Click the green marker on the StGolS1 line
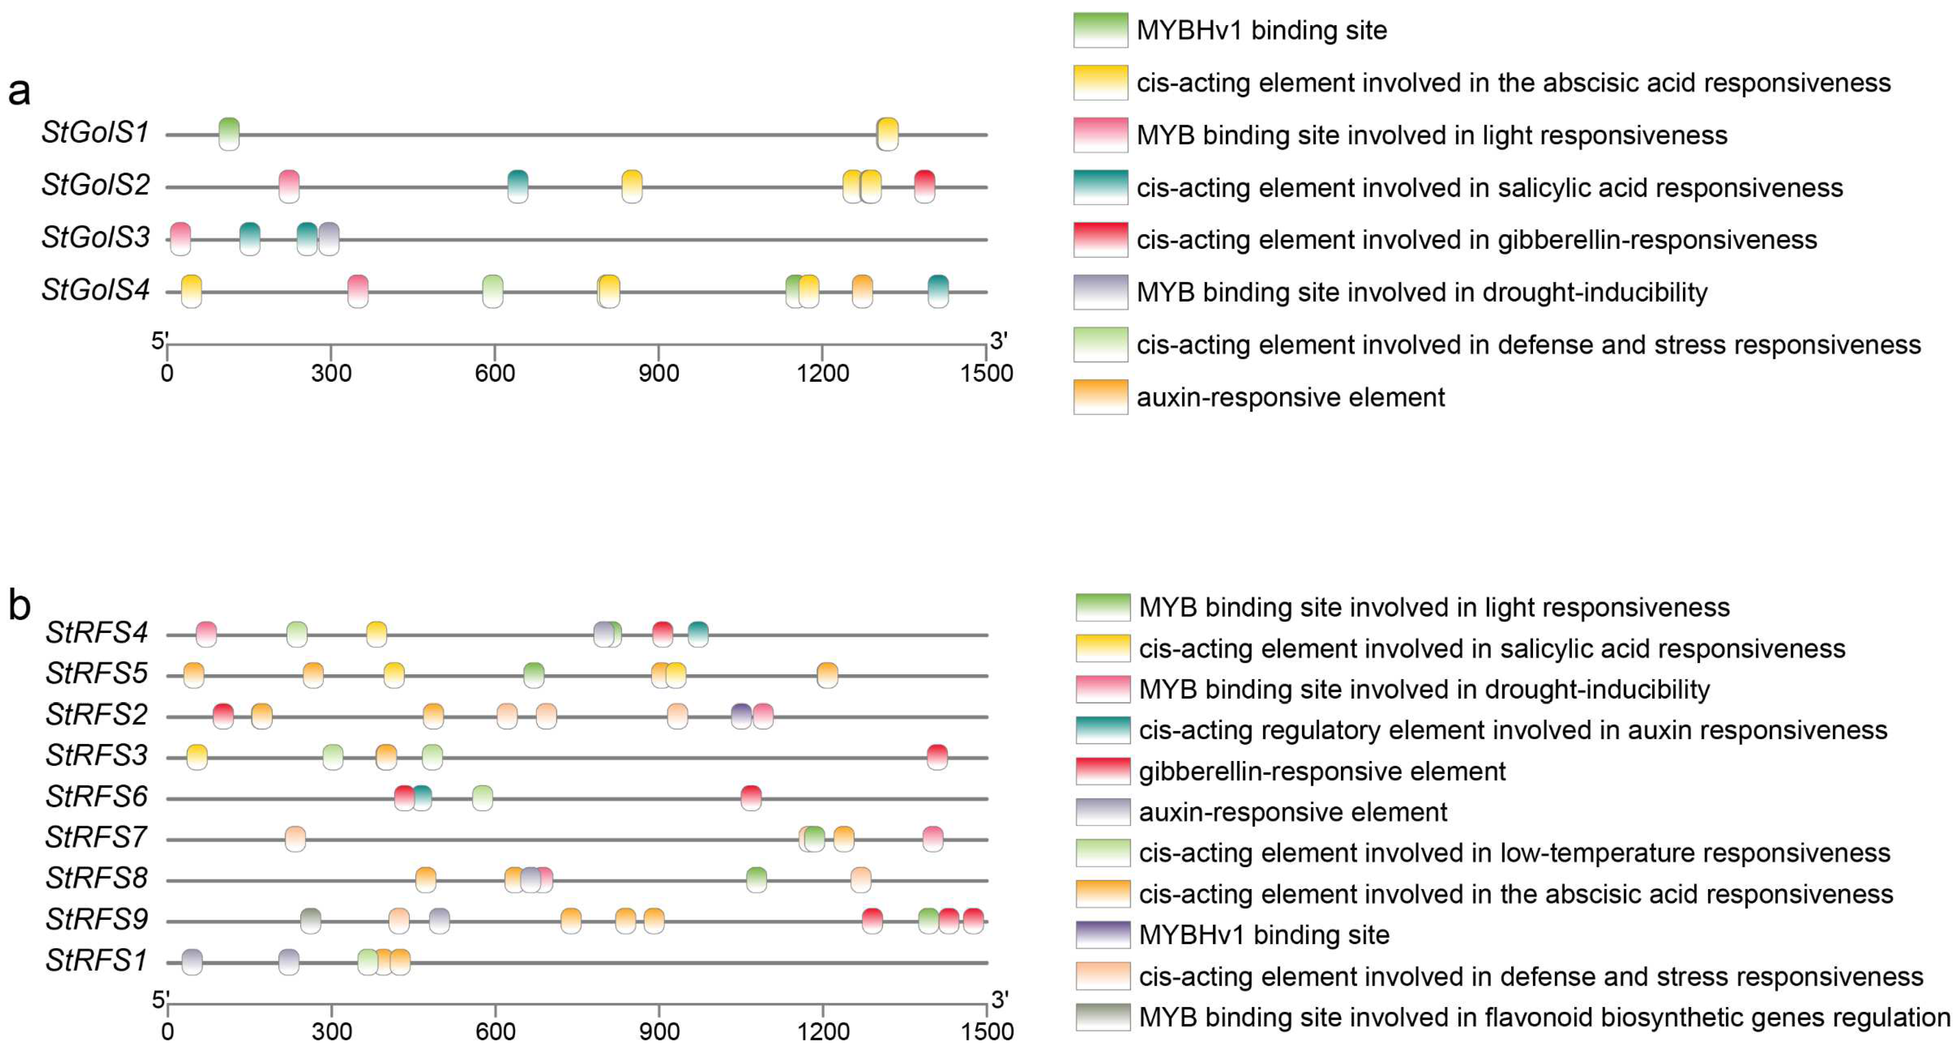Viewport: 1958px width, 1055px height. (229, 135)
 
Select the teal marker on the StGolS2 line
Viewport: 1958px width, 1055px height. (517, 187)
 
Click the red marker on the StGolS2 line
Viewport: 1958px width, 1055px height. (924, 187)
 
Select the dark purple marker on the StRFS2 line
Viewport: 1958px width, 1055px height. (741, 716)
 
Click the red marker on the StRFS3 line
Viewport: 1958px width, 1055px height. (937, 757)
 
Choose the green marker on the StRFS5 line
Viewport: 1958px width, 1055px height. (534, 675)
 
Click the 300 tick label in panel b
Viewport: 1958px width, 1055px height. (332, 1032)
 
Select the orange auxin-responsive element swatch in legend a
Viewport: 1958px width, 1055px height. (1100, 397)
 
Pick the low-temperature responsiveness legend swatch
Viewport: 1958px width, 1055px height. (1103, 853)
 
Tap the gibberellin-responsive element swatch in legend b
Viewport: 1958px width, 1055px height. (1103, 771)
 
